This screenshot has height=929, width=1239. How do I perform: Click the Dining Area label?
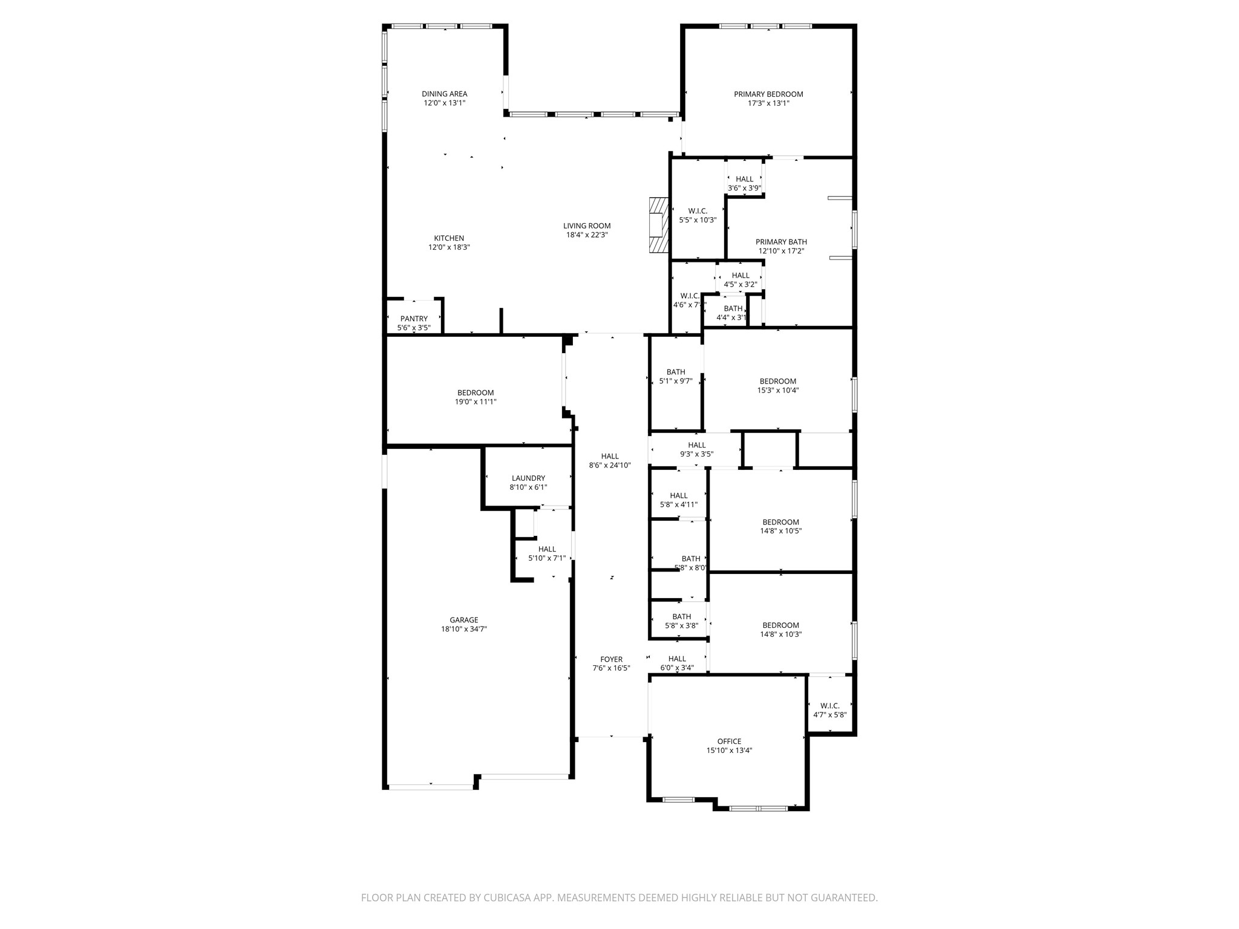(x=444, y=94)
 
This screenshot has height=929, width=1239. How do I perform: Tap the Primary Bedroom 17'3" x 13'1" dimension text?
(x=768, y=103)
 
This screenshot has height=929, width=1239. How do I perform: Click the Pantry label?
(x=414, y=319)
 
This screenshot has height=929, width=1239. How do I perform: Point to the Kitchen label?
(x=449, y=238)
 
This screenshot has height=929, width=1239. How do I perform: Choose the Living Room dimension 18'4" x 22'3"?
(x=586, y=235)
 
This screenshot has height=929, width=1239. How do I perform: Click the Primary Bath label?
(x=781, y=242)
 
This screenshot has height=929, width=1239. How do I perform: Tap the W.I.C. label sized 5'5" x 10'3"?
(x=698, y=211)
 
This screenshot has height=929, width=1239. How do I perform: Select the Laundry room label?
(x=528, y=478)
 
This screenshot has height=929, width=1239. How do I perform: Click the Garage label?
(x=463, y=620)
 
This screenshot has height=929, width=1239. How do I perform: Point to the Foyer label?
(x=611, y=659)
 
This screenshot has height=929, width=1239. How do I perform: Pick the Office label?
(x=729, y=742)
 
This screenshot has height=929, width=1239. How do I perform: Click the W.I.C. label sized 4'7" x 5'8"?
(x=829, y=706)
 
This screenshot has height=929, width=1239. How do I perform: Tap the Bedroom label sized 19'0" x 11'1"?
(x=476, y=393)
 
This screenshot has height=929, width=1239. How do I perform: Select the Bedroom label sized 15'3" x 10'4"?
(x=777, y=382)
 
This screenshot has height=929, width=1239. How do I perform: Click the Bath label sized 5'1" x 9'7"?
(x=676, y=373)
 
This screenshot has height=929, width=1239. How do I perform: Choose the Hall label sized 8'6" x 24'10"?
(x=610, y=457)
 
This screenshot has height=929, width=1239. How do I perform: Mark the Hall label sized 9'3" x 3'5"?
(x=696, y=445)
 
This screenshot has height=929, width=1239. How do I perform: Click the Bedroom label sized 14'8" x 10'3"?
(x=780, y=625)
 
